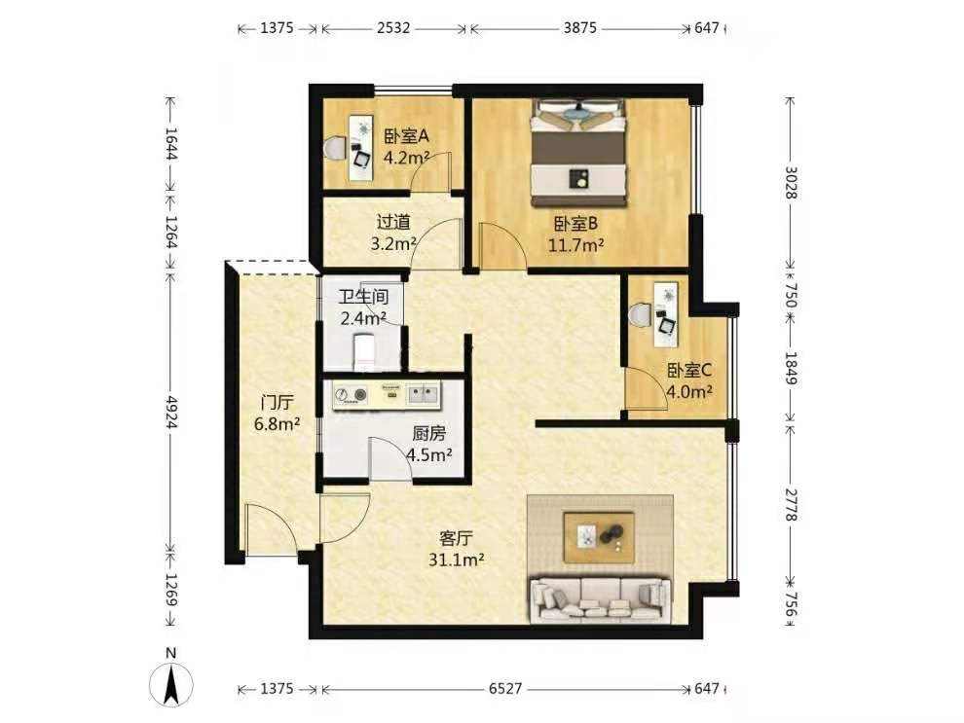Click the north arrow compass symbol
[171, 680]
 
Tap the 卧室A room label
[406, 136]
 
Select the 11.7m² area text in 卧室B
[575, 246]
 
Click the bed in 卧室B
[578, 153]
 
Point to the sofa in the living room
[600, 600]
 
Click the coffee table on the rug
[600, 537]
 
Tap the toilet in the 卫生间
[364, 351]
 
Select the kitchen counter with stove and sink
[388, 396]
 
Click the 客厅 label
[456, 539]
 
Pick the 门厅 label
[277, 403]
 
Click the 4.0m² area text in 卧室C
[689, 391]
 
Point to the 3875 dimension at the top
[579, 28]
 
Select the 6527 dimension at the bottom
[505, 689]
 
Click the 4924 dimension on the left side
[171, 412]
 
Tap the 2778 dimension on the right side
[792, 505]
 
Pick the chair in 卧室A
[334, 148]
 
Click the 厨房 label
[428, 434]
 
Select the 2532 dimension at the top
[393, 28]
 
